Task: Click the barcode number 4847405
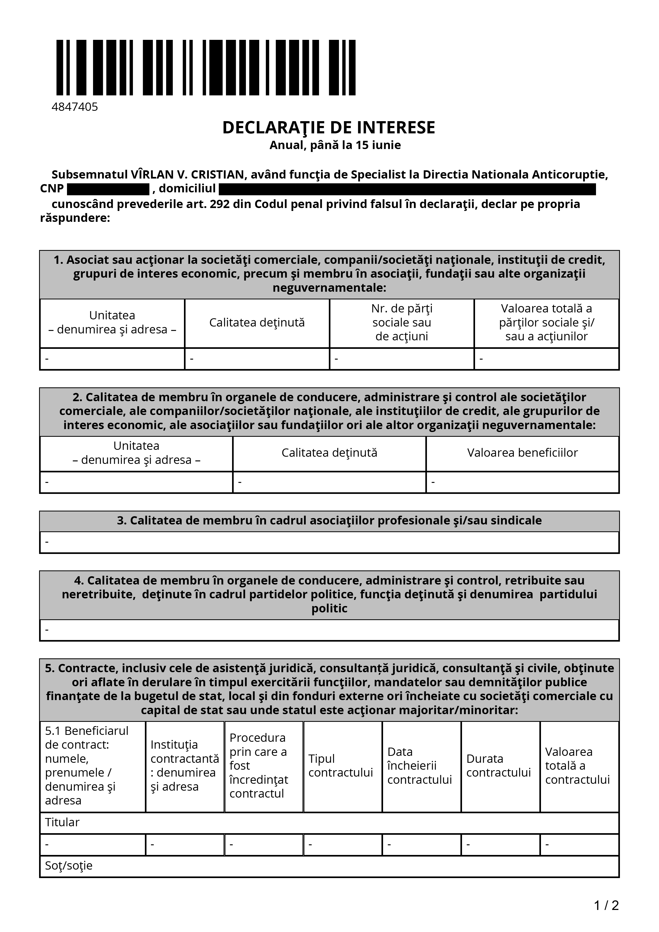pos(75,107)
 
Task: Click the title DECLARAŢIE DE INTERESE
pos(329,128)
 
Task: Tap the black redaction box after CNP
pos(108,189)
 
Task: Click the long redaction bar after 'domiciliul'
pos(407,189)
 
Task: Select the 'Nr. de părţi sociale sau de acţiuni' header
pos(402,323)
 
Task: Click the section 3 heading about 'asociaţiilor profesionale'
pos(329,520)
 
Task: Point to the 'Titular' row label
pos(62,822)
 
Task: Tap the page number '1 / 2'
pos(606,905)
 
